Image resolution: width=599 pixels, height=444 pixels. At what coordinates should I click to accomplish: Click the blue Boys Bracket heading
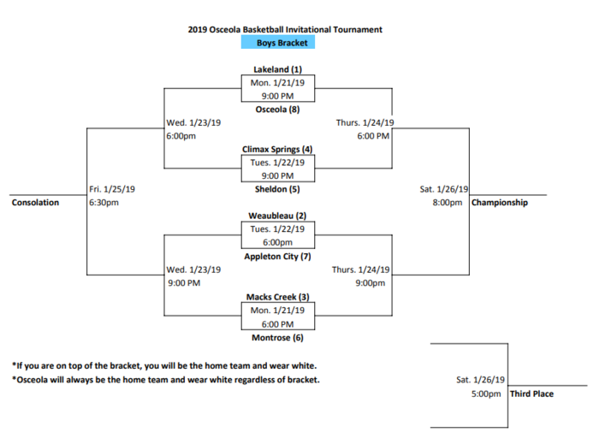coord(278,42)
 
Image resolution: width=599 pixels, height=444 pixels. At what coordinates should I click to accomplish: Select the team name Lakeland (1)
coord(278,69)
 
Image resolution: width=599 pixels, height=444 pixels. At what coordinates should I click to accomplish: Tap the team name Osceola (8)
coord(278,110)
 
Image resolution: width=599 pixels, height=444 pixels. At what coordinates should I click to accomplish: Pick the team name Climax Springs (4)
coord(277,149)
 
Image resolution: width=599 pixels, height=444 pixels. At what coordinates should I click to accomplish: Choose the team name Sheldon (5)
coord(277,189)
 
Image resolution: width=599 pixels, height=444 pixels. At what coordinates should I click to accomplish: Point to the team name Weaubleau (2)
coord(277,216)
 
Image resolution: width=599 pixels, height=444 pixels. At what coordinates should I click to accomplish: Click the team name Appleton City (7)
coord(278,257)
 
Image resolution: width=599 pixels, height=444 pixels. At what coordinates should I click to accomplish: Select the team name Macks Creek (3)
coord(278,297)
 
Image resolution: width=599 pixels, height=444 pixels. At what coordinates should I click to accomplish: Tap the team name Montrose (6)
coord(278,338)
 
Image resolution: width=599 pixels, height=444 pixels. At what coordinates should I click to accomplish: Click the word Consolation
coord(36,203)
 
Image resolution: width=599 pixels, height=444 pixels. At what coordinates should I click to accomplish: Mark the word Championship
coord(500,203)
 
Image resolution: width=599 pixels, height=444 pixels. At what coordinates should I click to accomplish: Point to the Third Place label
coord(531,394)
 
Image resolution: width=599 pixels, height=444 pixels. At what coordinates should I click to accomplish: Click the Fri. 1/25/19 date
coord(112,189)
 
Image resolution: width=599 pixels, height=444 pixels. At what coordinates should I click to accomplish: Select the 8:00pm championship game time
coord(448,203)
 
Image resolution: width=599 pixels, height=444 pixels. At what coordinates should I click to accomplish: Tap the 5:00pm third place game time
coord(486,394)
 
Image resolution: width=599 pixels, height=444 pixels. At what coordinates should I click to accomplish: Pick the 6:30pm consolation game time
coord(104,203)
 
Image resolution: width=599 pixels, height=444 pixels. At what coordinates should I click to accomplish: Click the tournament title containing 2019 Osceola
coord(285,30)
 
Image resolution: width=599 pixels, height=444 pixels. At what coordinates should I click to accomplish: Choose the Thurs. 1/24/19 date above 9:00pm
coord(360,270)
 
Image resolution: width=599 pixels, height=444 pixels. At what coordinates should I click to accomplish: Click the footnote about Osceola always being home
coord(166,380)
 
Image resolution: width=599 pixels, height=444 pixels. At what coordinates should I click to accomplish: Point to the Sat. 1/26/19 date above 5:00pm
coord(481,380)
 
